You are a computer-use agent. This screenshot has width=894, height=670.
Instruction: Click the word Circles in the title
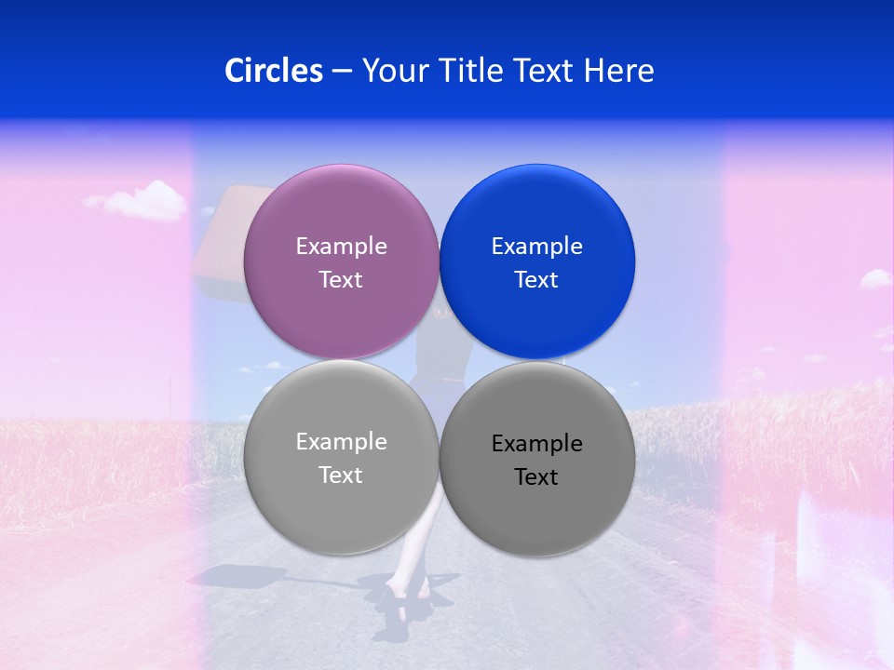[274, 71]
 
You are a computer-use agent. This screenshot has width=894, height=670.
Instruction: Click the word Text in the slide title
[547, 71]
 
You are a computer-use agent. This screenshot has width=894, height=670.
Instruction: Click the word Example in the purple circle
[341, 246]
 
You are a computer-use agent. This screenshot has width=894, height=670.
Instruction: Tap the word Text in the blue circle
[536, 279]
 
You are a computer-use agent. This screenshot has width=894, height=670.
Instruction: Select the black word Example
[536, 443]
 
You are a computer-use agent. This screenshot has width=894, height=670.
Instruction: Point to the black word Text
[536, 476]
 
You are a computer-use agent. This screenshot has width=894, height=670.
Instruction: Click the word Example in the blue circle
[536, 246]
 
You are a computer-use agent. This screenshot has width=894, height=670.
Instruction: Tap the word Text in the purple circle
[341, 279]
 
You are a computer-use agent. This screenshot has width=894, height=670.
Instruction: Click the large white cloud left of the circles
[140, 199]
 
